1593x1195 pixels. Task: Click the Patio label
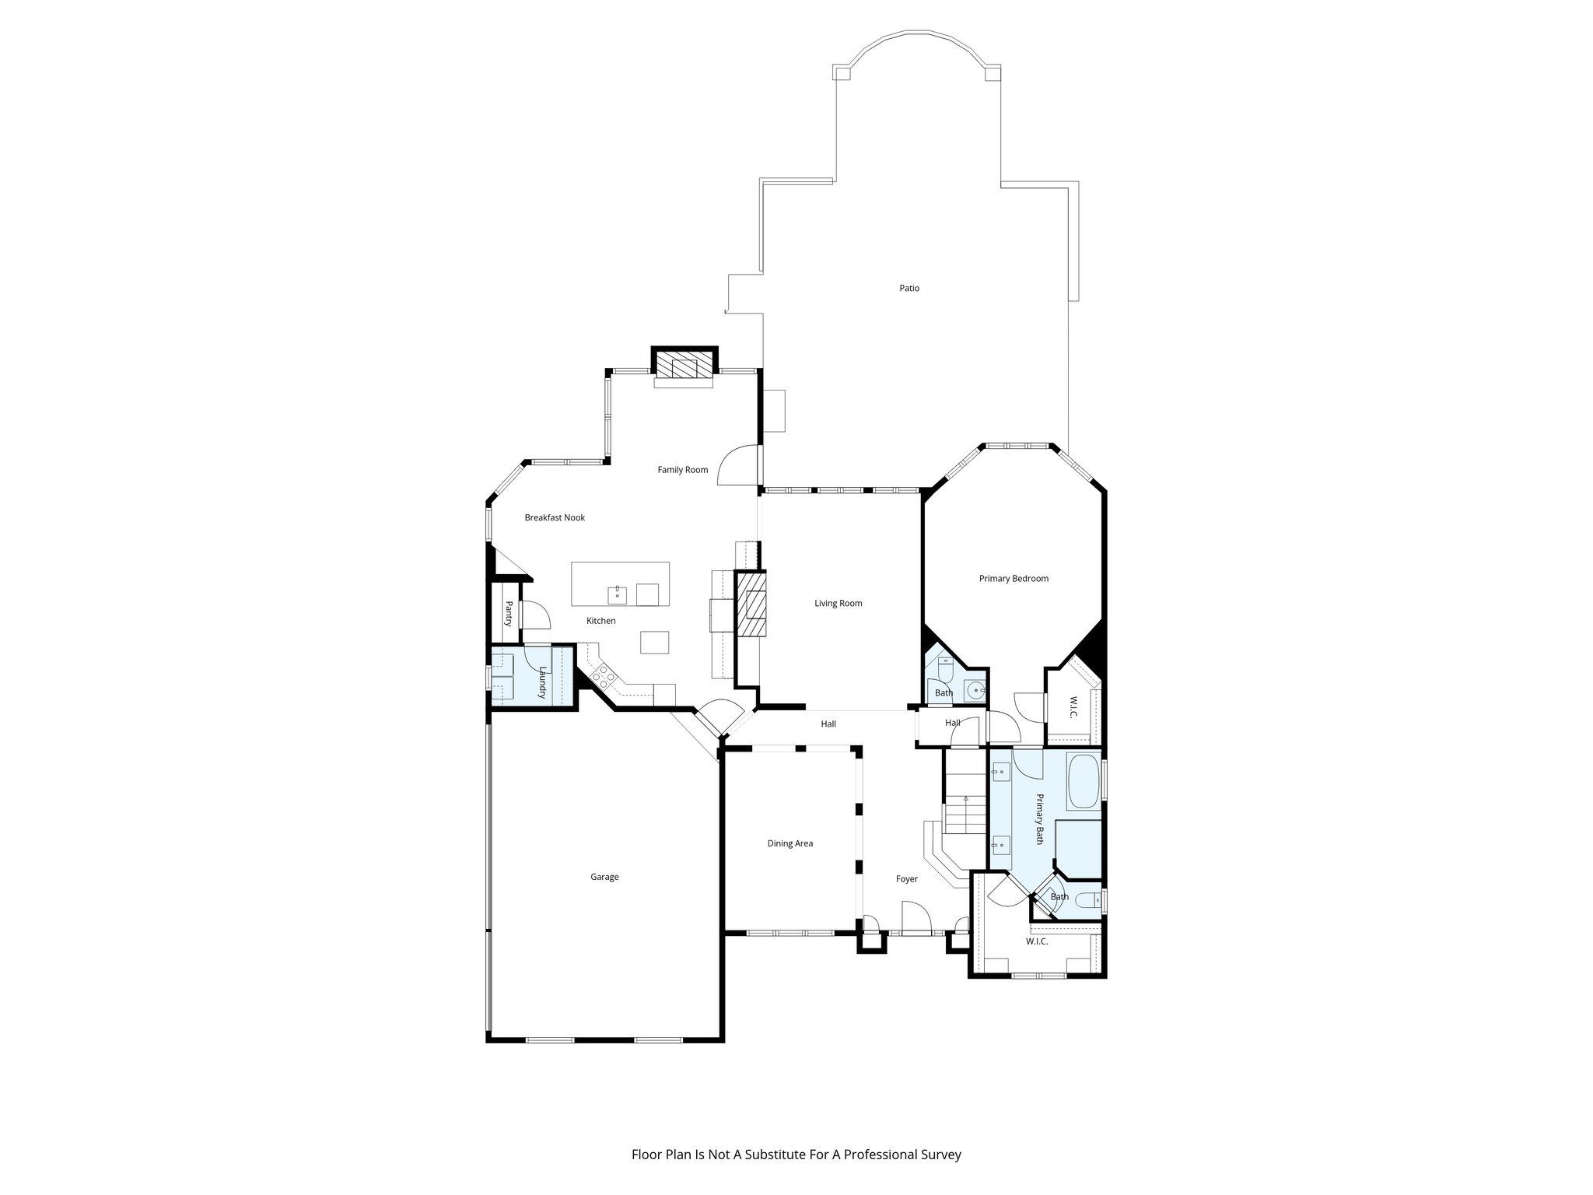click(909, 288)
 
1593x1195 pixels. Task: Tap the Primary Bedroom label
click(1014, 578)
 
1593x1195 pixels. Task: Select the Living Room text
click(838, 603)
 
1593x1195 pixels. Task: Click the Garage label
click(604, 877)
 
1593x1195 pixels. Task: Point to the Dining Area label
click(789, 843)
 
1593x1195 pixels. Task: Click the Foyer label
click(906, 879)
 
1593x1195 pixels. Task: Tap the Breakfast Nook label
click(555, 517)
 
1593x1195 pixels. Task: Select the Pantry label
click(509, 614)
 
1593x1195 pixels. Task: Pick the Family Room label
click(682, 469)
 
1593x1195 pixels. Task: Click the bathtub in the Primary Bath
click(1083, 782)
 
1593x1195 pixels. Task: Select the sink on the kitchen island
click(618, 595)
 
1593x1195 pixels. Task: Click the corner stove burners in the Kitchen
click(603, 674)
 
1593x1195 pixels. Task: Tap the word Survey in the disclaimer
click(942, 1155)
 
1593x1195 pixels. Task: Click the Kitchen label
click(600, 621)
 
